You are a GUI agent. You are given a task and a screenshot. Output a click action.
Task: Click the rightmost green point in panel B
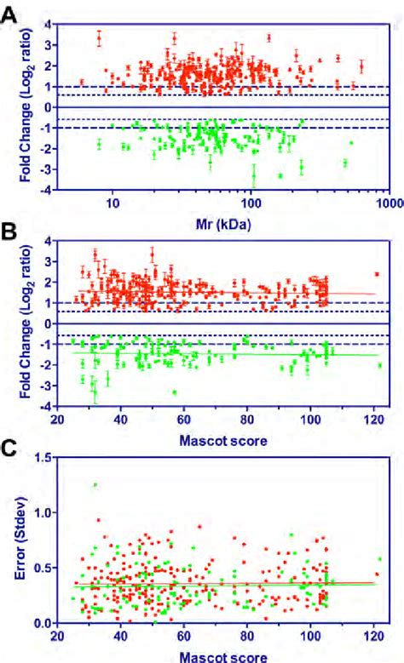(x=379, y=364)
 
